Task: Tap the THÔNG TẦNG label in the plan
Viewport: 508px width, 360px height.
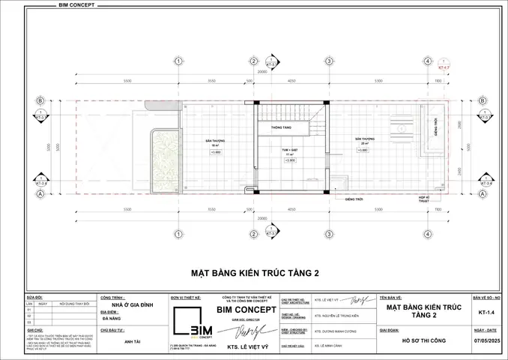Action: (x=270, y=127)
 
